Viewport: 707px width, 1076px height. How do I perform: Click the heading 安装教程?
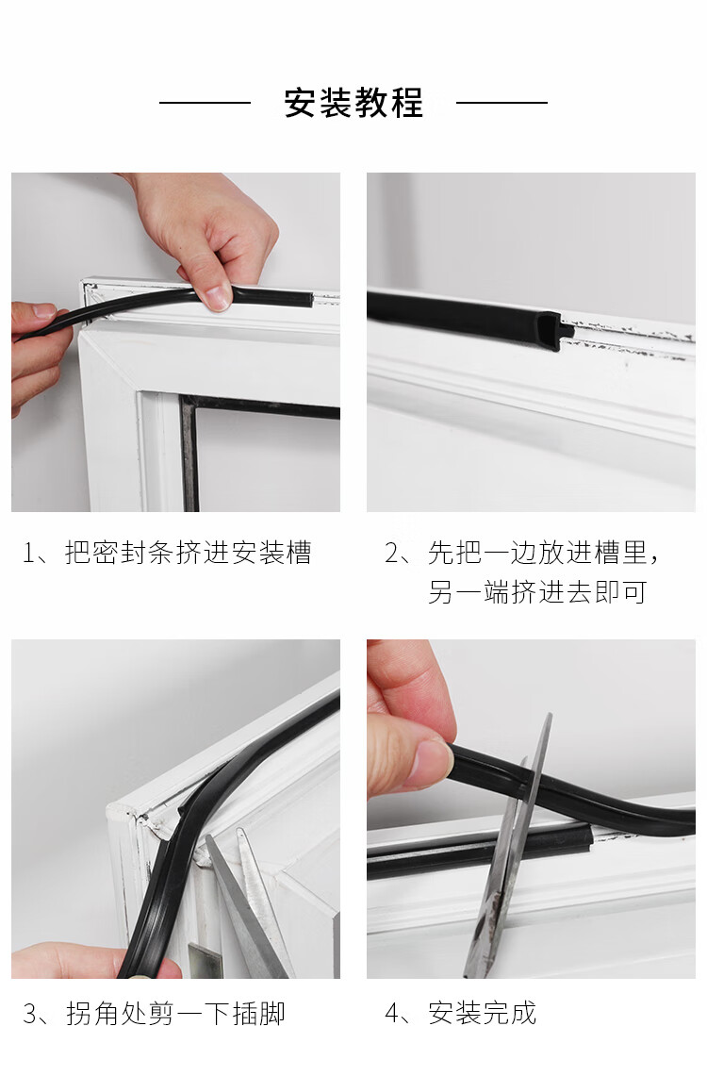point(353,103)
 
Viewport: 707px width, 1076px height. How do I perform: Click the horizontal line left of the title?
point(206,103)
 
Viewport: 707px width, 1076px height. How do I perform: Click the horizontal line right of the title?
point(501,103)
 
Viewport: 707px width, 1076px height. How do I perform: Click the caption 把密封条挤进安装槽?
point(189,553)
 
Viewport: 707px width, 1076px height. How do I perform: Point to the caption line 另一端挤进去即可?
point(537,592)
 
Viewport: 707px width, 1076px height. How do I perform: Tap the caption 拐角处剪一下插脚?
point(175,1014)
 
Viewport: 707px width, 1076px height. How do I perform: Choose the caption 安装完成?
point(482,1014)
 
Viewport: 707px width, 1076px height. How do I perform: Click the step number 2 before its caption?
point(391,554)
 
